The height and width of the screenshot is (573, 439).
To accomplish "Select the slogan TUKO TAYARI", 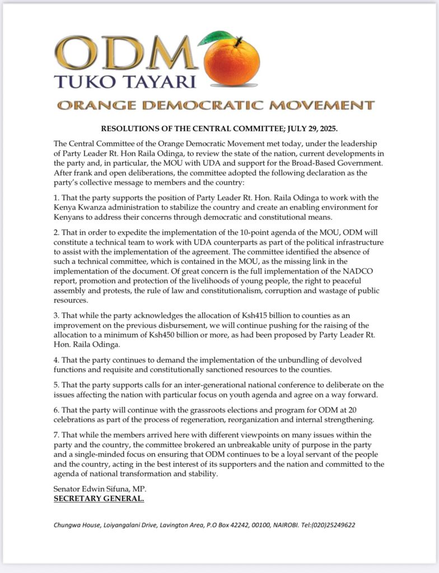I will click(125, 81).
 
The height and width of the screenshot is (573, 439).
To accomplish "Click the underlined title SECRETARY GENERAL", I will click(99, 498).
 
